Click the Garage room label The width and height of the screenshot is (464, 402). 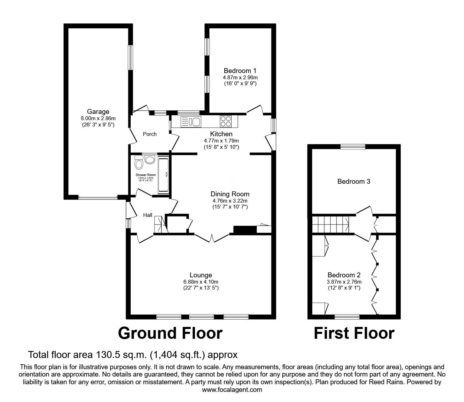click(98, 112)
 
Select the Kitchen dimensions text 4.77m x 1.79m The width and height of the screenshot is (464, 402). click(221, 141)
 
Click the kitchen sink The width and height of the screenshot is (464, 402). click(191, 122)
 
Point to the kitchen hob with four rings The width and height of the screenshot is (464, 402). click(226, 121)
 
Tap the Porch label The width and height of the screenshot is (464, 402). click(150, 134)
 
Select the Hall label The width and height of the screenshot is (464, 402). click(147, 215)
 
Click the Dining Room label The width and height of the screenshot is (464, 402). click(230, 194)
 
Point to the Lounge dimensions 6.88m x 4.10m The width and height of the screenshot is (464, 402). click(201, 282)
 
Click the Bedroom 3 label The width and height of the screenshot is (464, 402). click(354, 181)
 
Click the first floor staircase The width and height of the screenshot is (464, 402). click(330, 224)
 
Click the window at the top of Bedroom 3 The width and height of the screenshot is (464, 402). click(353, 147)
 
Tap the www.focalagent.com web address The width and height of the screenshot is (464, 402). click(232, 390)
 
